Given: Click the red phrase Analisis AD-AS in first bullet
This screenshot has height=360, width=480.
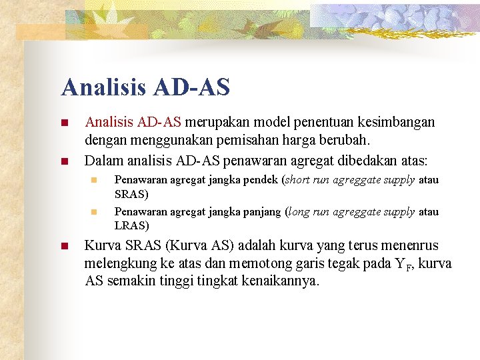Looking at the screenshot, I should tap(133, 123).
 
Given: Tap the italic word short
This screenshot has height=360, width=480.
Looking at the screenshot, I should tap(298, 180).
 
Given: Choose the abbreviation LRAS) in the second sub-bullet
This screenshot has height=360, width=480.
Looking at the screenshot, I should tap(131, 225).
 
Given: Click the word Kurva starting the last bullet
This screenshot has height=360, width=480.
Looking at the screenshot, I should tap(101, 245).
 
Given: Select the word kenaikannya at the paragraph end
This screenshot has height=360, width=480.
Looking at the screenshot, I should tap(282, 281).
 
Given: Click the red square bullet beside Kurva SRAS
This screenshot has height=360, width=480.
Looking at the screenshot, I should tap(64, 246).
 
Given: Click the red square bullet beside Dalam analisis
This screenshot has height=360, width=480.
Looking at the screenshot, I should tap(64, 161).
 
